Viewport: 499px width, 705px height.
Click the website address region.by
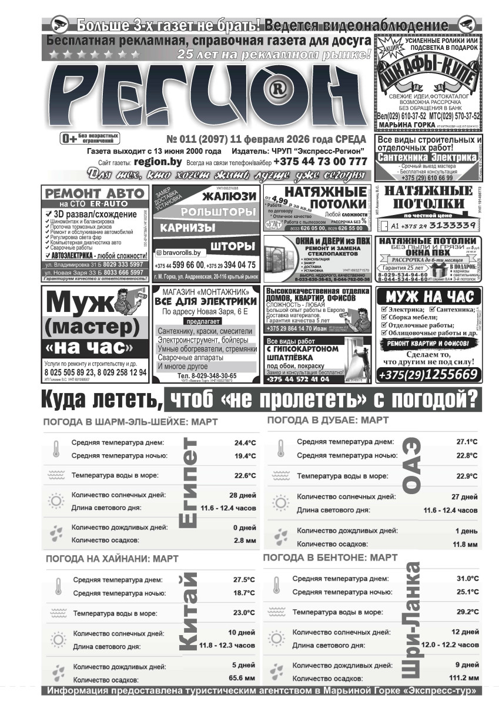[158, 162]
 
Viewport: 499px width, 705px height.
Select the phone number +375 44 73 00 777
[320, 162]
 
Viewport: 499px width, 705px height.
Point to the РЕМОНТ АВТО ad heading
[95, 193]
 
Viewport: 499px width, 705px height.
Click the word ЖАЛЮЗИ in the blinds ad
[229, 196]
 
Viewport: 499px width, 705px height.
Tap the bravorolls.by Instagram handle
[182, 253]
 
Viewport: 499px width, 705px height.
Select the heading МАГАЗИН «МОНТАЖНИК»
[204, 293]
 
